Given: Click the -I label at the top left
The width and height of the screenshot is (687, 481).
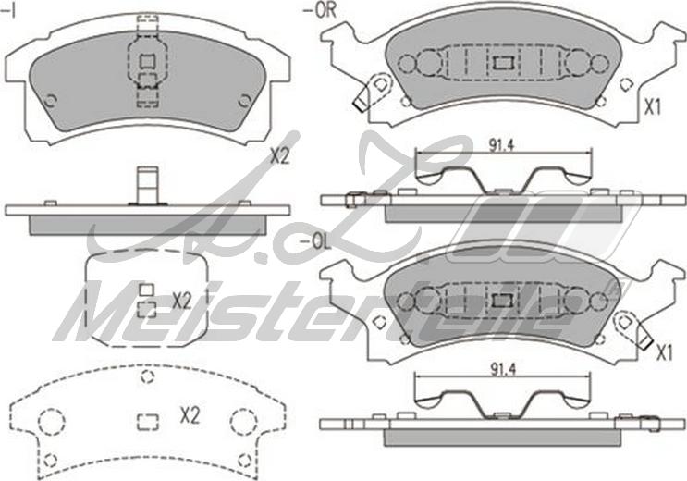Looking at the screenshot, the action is pyautogui.click(x=8, y=11).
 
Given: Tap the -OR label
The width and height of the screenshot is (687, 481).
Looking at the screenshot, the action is pyautogui.click(x=320, y=11).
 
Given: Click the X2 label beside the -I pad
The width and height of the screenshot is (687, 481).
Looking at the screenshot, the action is pyautogui.click(x=280, y=156).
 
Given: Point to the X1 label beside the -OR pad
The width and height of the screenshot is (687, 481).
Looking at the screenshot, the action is pyautogui.click(x=653, y=107).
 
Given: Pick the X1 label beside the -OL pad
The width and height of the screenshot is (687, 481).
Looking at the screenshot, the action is pyautogui.click(x=664, y=353).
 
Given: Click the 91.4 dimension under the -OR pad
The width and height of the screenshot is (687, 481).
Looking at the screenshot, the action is pyautogui.click(x=502, y=146).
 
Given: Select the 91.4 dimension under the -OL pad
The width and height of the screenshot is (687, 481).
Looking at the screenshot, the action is pyautogui.click(x=503, y=370).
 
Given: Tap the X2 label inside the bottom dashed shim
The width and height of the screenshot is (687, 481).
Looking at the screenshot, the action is pyautogui.click(x=190, y=415).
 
